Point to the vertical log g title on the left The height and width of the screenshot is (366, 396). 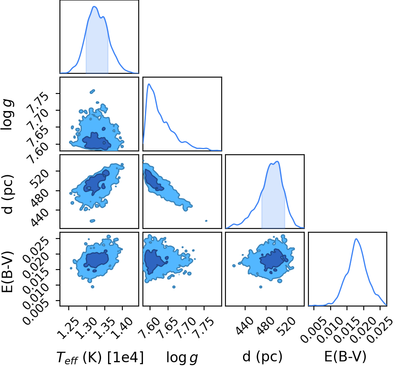[x=8, y=115]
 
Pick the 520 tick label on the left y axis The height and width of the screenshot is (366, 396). [x=40, y=178]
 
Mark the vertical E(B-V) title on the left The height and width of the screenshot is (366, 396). [x=7, y=272]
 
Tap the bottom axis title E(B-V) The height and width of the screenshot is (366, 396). [x=345, y=357]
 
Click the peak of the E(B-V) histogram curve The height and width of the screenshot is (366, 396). [x=356, y=239]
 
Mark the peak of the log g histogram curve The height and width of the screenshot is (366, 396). [x=149, y=84]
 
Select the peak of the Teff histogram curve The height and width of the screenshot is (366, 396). [x=94, y=7]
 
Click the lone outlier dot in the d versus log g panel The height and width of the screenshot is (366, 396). [x=206, y=221]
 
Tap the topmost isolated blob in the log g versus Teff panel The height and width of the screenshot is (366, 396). [x=93, y=91]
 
